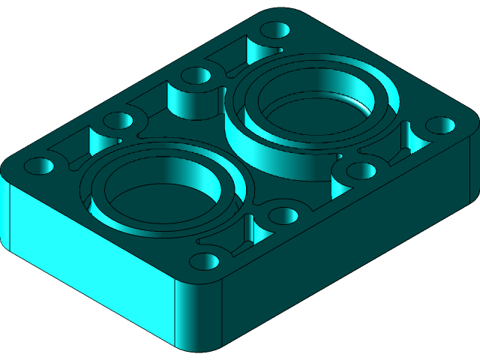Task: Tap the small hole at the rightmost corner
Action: coord(441,124)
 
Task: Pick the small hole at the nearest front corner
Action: coord(205,262)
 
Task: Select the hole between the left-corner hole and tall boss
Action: coord(117,121)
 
